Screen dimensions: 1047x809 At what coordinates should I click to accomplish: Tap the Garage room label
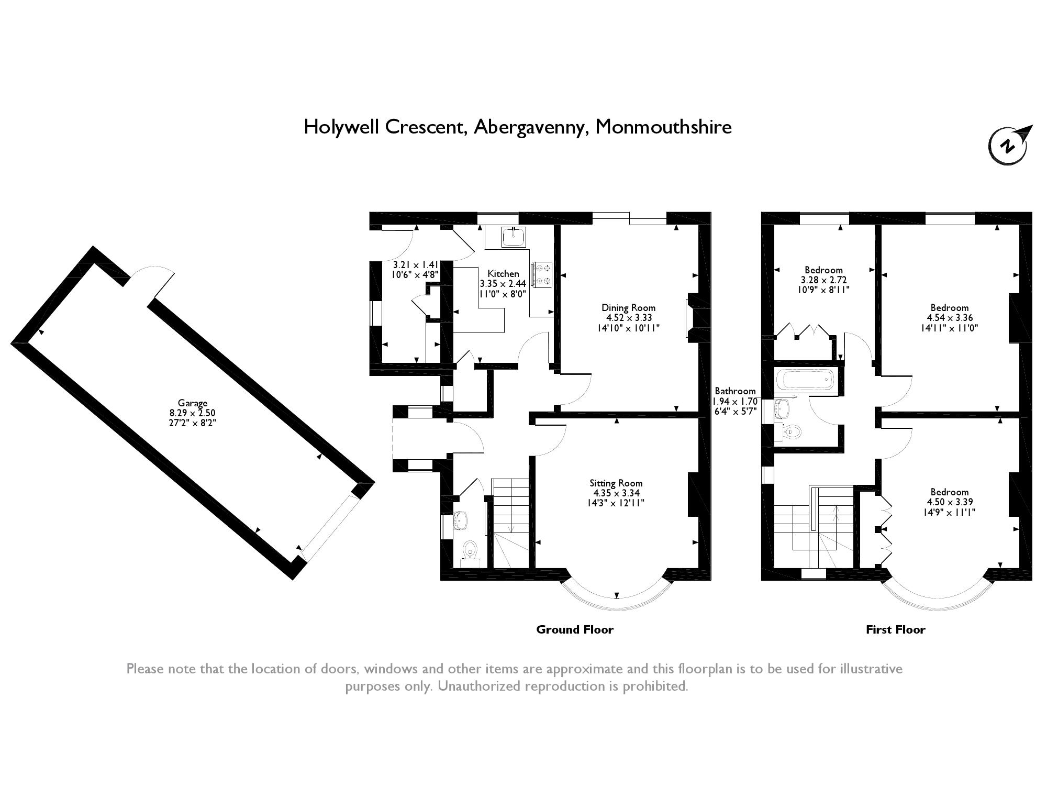coord(193,403)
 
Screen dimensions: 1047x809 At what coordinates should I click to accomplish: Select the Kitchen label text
coord(503,273)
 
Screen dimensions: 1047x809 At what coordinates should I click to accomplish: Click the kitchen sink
coord(514,237)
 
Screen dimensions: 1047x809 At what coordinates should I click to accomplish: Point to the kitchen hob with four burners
coord(542,275)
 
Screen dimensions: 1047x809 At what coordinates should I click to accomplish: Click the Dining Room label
coord(628,308)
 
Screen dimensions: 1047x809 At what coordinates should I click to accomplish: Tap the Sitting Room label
coord(616,483)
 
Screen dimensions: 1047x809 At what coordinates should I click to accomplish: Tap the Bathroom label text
coord(735,391)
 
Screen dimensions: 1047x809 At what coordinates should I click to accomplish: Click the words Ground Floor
coord(575,629)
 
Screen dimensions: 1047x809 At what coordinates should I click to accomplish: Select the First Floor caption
coord(896,629)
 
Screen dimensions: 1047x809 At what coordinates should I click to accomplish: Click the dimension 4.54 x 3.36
coord(950,318)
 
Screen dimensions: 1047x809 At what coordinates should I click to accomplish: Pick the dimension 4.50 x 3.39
coord(950,502)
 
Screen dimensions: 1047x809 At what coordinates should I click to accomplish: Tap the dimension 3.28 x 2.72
coord(823,280)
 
